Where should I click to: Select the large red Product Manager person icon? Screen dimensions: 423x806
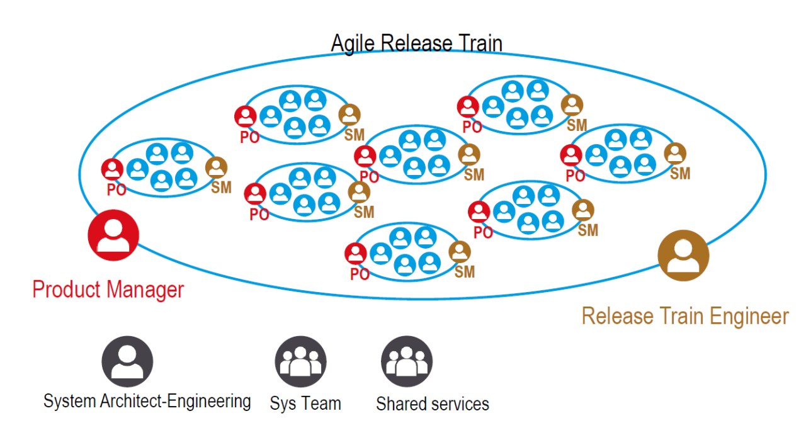113,235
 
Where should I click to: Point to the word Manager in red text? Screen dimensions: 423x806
145,290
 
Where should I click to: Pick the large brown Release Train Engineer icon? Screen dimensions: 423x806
683,256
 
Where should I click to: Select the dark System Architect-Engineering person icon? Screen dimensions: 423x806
128,361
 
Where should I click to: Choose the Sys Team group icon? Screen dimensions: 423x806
300,361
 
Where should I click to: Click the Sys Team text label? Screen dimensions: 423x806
305,403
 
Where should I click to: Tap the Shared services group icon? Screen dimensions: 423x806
406,361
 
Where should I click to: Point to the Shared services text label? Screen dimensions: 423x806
433,403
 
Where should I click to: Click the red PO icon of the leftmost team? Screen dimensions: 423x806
113,169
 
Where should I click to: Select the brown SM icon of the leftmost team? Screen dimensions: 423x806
216,167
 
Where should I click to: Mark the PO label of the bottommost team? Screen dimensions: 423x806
360,274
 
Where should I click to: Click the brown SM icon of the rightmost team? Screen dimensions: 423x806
676,154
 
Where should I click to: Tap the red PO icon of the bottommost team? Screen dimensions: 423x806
356,254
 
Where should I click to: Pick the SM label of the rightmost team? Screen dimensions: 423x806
680,173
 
